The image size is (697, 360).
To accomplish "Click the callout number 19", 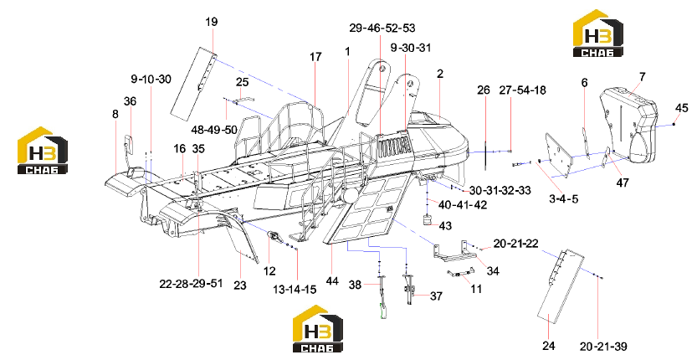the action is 212,22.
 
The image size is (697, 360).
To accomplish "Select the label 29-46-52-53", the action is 382,28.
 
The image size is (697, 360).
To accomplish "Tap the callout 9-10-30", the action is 151,80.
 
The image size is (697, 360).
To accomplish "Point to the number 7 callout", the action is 642,77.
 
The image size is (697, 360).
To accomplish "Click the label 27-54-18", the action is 522,90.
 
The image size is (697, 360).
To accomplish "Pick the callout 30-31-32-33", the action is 500,190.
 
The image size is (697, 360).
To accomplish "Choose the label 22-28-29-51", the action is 191,284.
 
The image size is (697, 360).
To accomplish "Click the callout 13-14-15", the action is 295,289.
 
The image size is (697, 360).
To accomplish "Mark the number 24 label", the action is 549,345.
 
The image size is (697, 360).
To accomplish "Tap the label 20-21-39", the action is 603,347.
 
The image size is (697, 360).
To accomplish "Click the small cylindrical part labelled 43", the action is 428,219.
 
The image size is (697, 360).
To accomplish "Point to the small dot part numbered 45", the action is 674,124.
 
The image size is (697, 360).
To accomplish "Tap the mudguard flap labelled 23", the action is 242,239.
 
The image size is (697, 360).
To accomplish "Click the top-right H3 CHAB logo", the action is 597,33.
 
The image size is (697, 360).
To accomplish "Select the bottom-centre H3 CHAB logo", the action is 317,328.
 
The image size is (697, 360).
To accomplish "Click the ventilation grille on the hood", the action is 393,146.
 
